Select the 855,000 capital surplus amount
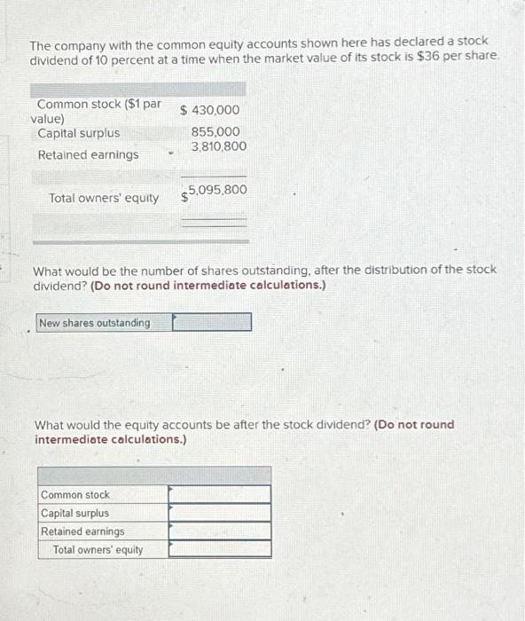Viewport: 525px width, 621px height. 215,132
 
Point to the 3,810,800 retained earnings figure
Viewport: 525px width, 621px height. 218,146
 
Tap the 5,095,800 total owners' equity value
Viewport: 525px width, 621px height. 217,191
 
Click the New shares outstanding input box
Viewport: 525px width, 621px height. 211,322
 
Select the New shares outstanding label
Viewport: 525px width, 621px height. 95,323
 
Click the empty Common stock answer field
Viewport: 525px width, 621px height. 220,494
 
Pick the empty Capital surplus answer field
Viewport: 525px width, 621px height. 220,513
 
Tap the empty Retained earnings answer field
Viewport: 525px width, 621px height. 220,531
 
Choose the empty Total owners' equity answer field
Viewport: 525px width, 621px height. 220,549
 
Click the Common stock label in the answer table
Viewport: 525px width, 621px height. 75,495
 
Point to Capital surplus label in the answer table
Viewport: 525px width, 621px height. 75,513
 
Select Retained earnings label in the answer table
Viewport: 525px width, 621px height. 82,531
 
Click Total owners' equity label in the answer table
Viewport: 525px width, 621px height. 98,550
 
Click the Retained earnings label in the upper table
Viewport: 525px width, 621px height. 88,155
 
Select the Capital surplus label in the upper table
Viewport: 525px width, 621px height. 79,133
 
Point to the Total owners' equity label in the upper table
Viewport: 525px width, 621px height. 105,198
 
